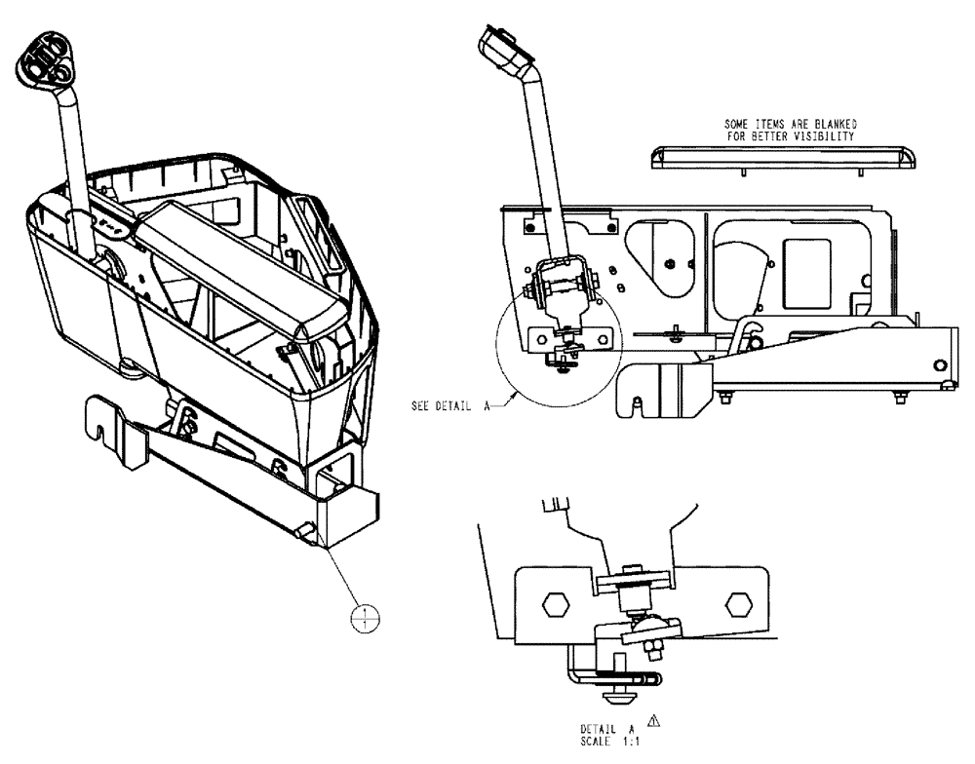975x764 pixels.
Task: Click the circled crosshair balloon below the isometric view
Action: [x=364, y=616]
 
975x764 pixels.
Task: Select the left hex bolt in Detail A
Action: [x=555, y=604]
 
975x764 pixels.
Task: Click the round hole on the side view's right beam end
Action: [x=938, y=364]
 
